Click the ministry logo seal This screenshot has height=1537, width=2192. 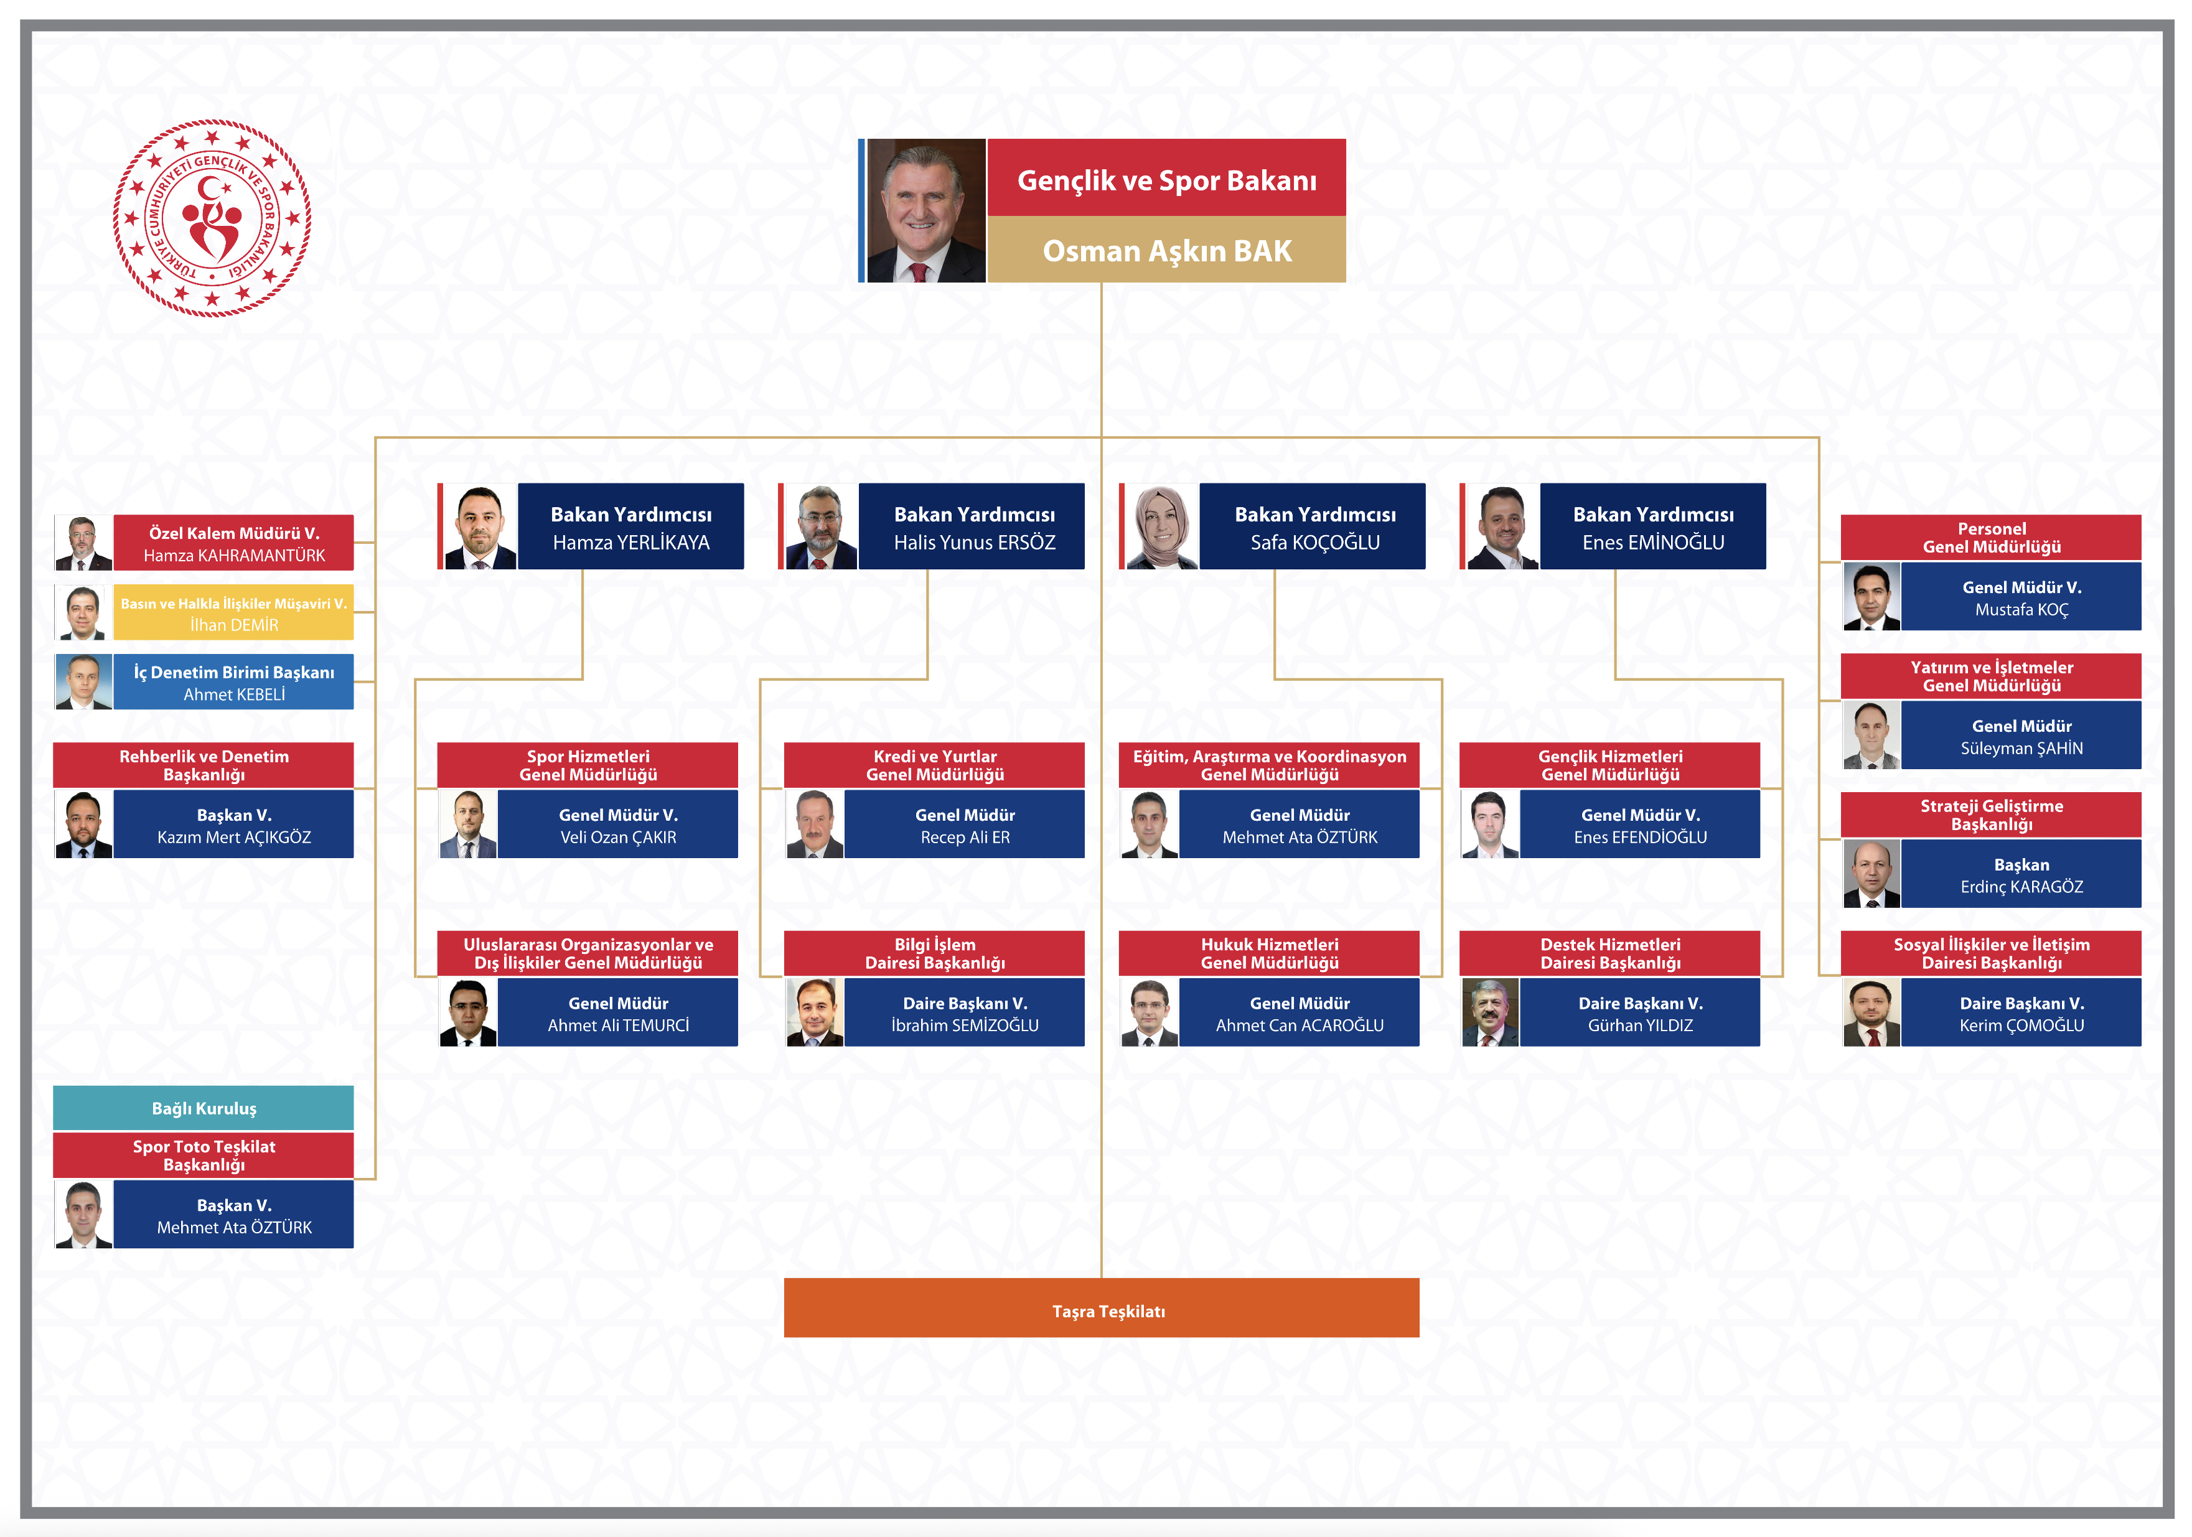click(212, 218)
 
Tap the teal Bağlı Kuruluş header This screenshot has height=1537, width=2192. click(204, 1108)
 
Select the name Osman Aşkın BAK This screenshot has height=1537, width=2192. click(1167, 250)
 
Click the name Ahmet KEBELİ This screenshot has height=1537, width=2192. click(234, 694)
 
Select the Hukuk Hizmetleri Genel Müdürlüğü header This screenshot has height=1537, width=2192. click(1269, 953)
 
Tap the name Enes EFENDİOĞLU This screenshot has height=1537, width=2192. click(1640, 837)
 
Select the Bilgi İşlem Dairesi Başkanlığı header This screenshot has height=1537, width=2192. click(935, 953)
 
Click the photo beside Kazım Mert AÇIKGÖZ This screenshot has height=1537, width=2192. click(84, 824)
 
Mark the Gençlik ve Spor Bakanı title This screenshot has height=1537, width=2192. click(1167, 180)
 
